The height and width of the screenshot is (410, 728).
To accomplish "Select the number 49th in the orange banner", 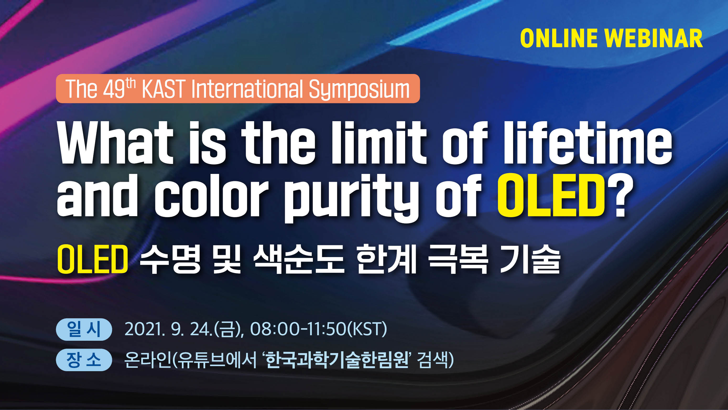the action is [x=119, y=88].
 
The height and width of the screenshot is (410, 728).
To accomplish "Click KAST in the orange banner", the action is [x=164, y=89].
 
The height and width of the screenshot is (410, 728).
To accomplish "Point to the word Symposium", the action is [x=359, y=90].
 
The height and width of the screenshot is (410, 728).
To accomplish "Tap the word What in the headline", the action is [x=115, y=143].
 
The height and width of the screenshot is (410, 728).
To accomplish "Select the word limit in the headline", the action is [x=379, y=143].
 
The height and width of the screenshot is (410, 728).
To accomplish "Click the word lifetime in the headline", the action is [x=588, y=143].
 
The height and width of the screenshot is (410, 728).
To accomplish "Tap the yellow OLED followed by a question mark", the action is [x=551, y=195].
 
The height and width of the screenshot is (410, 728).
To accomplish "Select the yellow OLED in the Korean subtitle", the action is [x=93, y=259].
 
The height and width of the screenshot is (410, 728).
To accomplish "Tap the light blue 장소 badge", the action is [x=84, y=360].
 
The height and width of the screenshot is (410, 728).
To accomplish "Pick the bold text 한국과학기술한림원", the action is [x=336, y=360].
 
